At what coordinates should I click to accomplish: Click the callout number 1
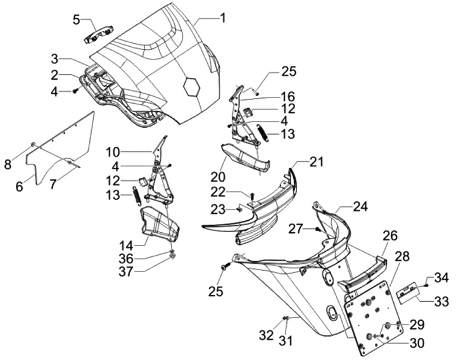[222, 18]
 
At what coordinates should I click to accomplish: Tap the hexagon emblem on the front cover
[191, 87]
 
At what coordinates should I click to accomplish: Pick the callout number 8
[8, 164]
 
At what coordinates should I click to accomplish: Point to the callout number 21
[316, 162]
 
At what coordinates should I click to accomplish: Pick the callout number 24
[360, 206]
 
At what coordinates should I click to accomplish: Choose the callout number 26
[389, 236]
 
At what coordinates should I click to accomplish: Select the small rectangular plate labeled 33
[408, 290]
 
